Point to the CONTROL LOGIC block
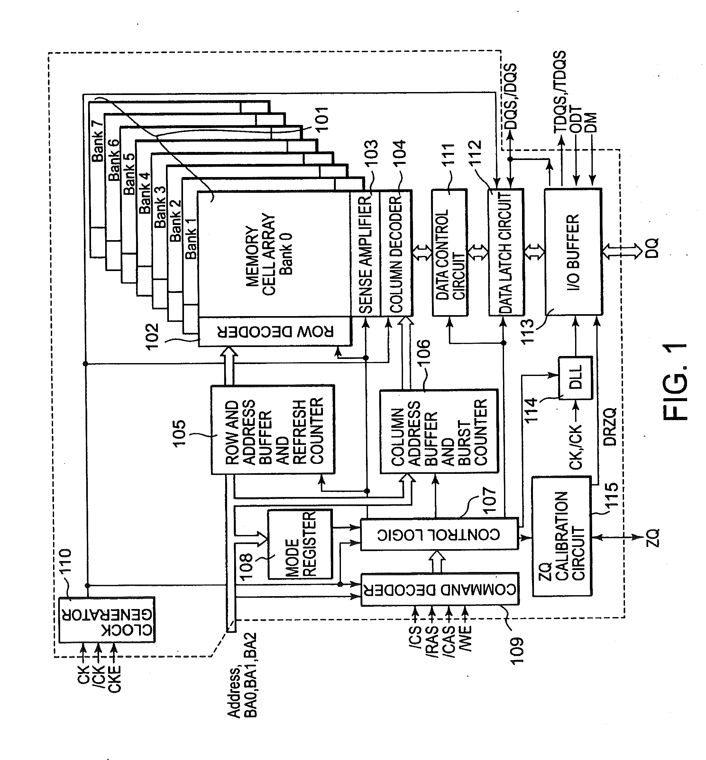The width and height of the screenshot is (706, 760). pyautogui.click(x=439, y=534)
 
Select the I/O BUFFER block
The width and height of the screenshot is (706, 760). pyautogui.click(x=573, y=252)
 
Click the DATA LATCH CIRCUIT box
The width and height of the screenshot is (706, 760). pyautogui.click(x=506, y=252)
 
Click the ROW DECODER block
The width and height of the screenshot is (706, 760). pyautogui.click(x=274, y=332)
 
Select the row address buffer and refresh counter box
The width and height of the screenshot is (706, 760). pyautogui.click(x=273, y=430)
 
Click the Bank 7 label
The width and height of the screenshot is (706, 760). pyautogui.click(x=97, y=141)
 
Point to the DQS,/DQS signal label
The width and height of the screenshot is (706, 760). pyautogui.click(x=511, y=97)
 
